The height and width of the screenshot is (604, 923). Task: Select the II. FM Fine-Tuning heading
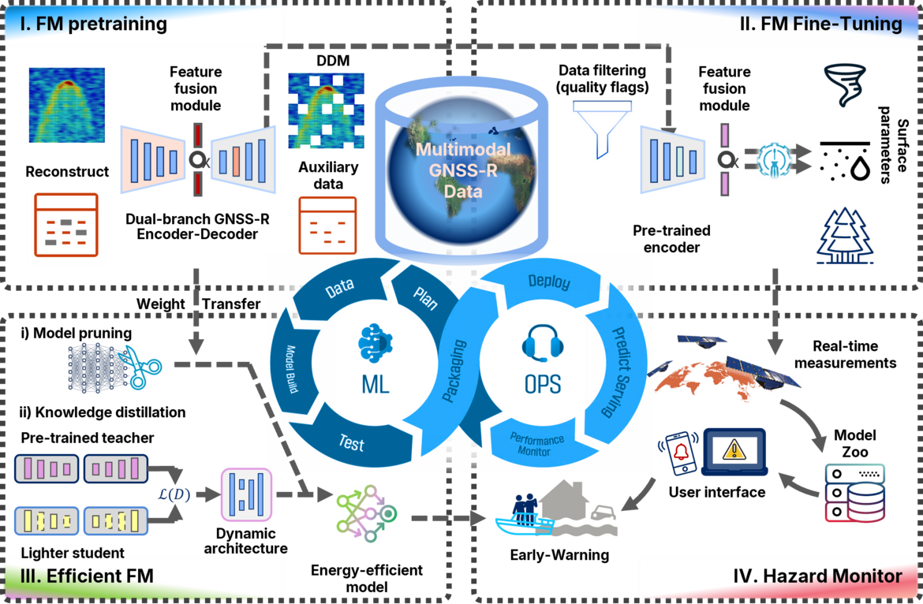coord(820,24)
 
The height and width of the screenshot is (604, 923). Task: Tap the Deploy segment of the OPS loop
coord(549,282)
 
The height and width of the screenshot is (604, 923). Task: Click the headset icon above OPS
coord(542,345)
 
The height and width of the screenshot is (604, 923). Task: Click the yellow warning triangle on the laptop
coord(734,450)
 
